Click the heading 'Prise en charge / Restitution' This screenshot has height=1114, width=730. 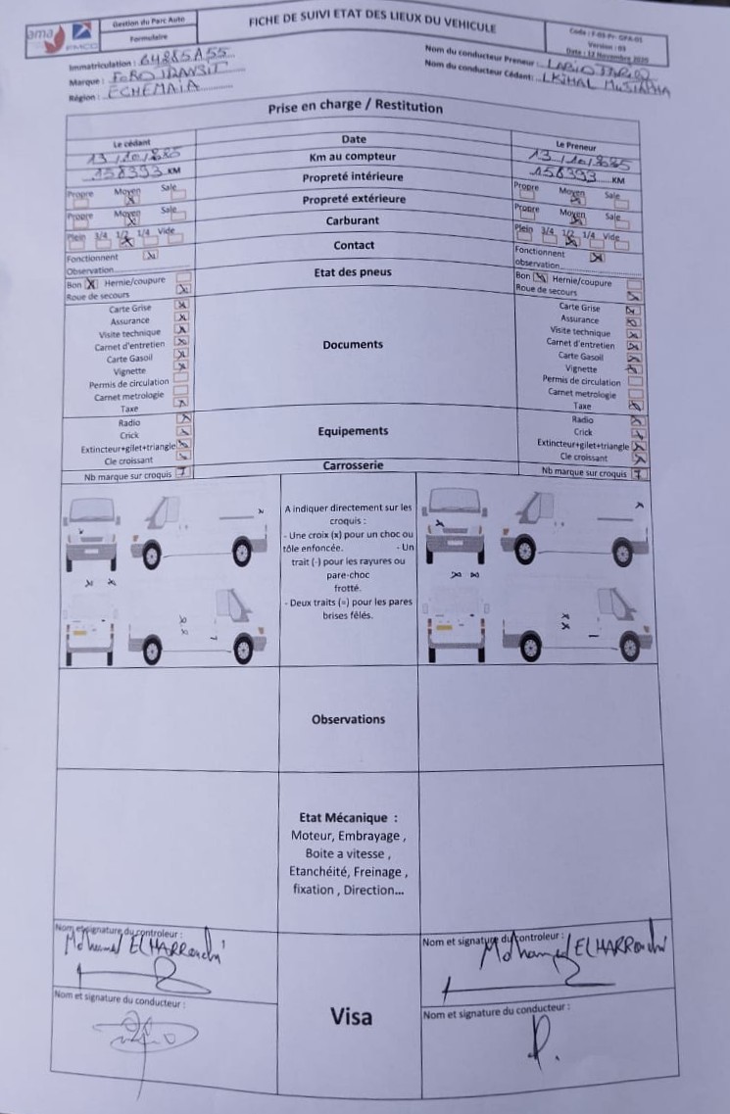[x=355, y=108]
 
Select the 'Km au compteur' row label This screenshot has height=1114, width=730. [x=353, y=157]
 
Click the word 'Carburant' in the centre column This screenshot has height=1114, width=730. [x=353, y=221]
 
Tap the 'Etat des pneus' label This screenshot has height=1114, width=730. [x=353, y=272]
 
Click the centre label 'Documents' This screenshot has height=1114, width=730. [x=353, y=345]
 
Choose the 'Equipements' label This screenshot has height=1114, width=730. [x=353, y=431]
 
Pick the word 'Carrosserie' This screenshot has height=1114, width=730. [x=353, y=466]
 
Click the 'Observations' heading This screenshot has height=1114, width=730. [x=349, y=719]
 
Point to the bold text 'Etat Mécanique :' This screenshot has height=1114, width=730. [x=349, y=817]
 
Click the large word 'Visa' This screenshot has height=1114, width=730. [x=351, y=1016]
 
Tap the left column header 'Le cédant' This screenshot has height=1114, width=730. [x=131, y=144]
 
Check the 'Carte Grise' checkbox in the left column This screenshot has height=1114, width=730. [x=180, y=306]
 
